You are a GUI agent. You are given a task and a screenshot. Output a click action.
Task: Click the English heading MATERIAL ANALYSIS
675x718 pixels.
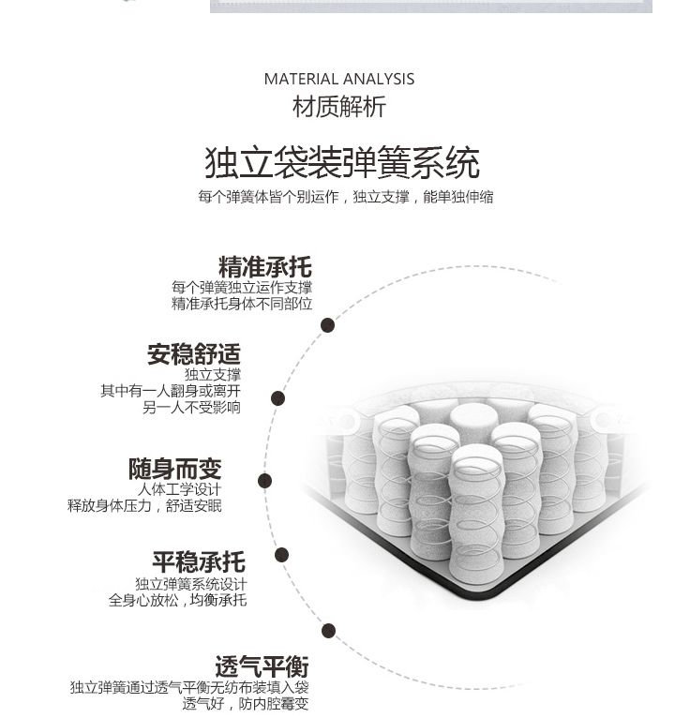339,79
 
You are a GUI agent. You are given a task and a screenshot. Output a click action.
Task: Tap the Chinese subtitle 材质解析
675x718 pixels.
339,107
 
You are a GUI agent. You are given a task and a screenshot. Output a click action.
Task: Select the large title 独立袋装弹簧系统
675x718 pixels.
342,162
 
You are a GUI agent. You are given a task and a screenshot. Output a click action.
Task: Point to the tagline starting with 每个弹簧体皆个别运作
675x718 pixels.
346,197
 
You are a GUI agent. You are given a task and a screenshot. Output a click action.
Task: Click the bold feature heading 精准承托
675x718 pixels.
265,267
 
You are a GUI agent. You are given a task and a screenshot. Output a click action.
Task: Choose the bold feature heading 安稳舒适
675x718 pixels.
194,354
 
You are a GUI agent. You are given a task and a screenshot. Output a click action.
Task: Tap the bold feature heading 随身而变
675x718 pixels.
175,469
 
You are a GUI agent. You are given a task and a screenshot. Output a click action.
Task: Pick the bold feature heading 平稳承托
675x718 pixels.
199,561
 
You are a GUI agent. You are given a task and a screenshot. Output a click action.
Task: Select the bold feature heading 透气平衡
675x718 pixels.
262,666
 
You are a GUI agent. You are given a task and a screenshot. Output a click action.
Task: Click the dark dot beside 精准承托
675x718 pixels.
327,325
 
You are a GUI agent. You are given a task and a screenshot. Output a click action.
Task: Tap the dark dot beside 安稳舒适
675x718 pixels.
277,398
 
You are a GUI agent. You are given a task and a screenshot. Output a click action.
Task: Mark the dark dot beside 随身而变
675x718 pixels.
264,481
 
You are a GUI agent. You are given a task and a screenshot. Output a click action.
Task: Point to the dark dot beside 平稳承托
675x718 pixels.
281,555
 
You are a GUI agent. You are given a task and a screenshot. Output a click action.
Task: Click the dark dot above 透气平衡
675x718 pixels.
328,631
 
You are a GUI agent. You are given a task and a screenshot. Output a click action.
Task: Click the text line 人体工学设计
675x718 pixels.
179,489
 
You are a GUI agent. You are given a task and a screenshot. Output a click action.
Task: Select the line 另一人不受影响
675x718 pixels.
191,407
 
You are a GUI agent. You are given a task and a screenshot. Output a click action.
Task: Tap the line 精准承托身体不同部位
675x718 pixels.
242,304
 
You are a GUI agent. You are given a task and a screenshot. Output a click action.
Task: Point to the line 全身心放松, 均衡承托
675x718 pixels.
178,600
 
